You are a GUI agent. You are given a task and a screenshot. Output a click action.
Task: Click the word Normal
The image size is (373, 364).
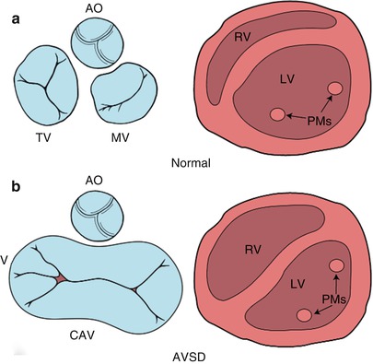(x=192, y=163)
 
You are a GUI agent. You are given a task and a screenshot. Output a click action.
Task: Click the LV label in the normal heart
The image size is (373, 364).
(x=292, y=81)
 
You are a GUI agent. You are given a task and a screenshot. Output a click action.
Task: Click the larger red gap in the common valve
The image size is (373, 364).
(x=61, y=277)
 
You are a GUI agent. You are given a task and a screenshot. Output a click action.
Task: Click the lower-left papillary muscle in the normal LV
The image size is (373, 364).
(x=277, y=114)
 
